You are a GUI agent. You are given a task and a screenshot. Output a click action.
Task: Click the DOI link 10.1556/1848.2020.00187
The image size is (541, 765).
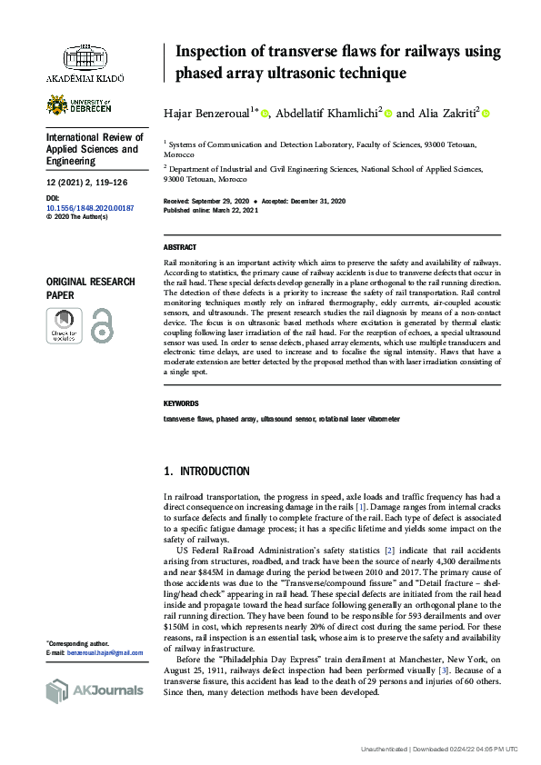click(89, 208)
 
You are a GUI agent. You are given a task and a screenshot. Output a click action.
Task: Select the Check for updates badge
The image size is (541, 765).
click(64, 325)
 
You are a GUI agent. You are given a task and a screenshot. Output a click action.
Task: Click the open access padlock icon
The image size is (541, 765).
click(103, 325)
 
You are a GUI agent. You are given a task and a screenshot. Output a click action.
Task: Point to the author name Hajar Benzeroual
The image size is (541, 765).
click(209, 114)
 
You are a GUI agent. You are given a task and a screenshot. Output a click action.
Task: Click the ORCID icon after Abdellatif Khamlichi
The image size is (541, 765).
click(388, 114)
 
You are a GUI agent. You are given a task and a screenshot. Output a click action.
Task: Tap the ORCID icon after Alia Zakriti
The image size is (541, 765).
click(485, 114)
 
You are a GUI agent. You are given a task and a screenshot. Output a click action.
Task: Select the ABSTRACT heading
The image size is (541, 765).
click(179, 248)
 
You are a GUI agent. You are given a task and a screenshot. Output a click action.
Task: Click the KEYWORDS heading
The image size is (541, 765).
click(181, 403)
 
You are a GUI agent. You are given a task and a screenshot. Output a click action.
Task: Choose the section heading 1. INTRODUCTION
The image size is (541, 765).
click(206, 472)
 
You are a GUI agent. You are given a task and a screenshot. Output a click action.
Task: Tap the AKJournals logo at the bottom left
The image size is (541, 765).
click(94, 690)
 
